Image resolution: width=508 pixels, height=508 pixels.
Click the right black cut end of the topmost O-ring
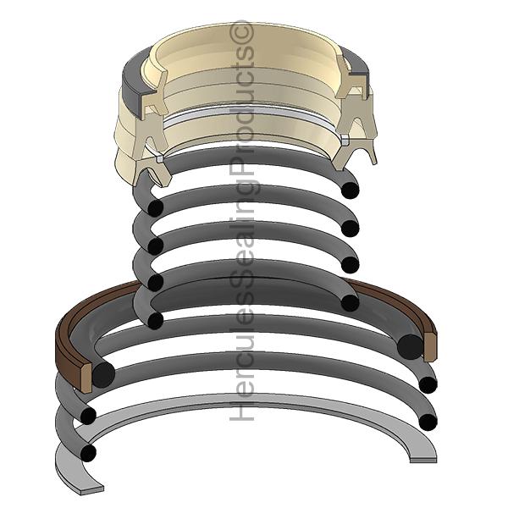click(x=351, y=190)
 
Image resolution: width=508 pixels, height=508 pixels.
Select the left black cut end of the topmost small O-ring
click(x=156, y=208)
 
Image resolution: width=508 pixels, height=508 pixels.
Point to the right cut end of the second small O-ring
click(x=351, y=228)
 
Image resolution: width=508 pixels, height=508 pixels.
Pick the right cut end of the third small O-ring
click(x=351, y=264)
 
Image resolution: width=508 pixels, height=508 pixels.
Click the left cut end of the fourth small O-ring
click(x=156, y=283)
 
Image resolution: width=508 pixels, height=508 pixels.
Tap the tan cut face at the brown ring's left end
click(x=87, y=378)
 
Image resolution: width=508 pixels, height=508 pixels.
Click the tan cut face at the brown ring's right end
click(x=430, y=347)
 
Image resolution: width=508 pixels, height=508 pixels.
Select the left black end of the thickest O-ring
click(x=103, y=374)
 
